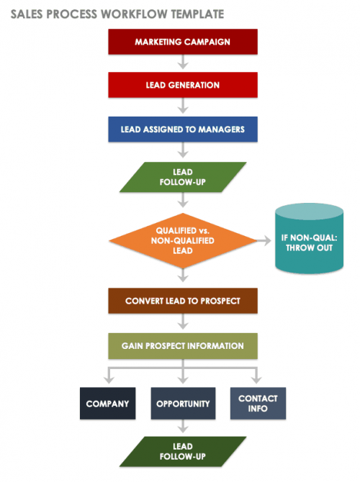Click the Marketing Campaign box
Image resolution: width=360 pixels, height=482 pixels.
pyautogui.click(x=182, y=42)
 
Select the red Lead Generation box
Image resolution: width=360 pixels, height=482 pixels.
pyautogui.click(x=182, y=85)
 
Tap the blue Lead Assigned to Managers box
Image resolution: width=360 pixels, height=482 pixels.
pyautogui.click(x=182, y=129)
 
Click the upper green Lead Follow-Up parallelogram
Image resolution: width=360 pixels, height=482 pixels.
pyautogui.click(x=182, y=178)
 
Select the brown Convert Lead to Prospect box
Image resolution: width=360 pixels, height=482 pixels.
pyautogui.click(x=182, y=301)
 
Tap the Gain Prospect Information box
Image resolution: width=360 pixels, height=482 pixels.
pyautogui.click(x=182, y=345)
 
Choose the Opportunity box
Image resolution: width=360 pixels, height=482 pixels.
pyautogui.click(x=182, y=404)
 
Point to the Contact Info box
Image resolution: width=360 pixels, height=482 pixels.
pyautogui.click(x=257, y=404)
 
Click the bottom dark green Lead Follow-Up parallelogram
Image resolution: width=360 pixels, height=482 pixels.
pyautogui.click(x=182, y=451)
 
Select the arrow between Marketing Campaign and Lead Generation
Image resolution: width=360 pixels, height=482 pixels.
pyautogui.click(x=182, y=63)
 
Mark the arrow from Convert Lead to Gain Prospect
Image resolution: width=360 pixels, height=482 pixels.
pyautogui.click(x=182, y=323)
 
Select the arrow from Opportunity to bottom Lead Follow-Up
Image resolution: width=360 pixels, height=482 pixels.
pyautogui.click(x=182, y=427)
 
